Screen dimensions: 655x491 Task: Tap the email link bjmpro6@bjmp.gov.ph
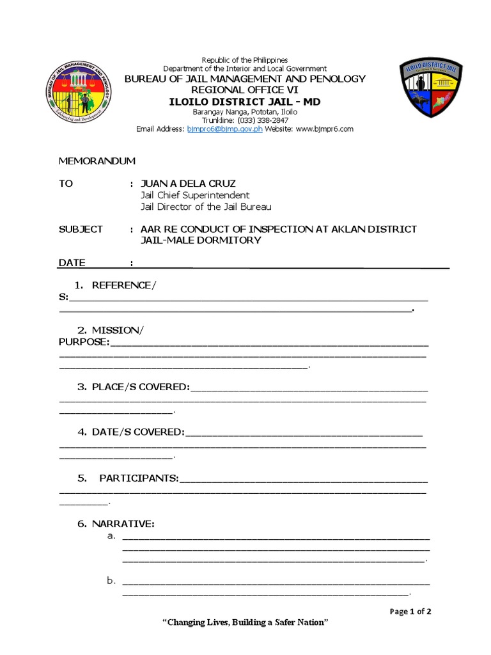click(x=224, y=129)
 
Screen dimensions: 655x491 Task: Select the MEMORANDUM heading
click(x=97, y=161)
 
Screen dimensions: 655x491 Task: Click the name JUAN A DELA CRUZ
click(x=188, y=184)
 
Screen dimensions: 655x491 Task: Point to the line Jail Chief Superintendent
click(x=195, y=195)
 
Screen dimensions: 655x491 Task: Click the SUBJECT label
click(x=81, y=229)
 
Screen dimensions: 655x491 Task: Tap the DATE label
click(x=72, y=263)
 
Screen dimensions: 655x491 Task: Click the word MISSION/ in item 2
click(x=118, y=330)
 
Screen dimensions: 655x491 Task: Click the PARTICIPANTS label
click(x=139, y=478)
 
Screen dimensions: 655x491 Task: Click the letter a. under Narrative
click(x=111, y=535)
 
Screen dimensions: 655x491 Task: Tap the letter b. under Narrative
click(x=111, y=581)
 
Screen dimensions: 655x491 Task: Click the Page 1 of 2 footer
click(x=410, y=612)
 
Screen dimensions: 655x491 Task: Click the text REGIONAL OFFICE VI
click(x=245, y=90)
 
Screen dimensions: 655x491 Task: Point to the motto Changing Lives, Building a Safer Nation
click(x=245, y=623)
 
